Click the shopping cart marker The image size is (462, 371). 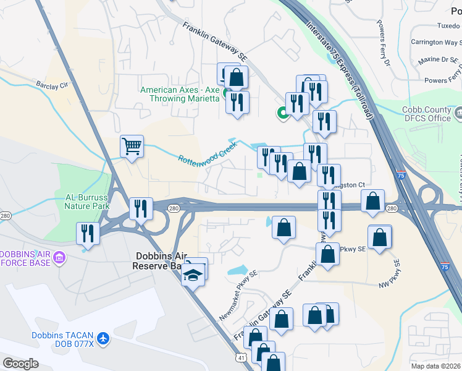pyautogui.click(x=132, y=147)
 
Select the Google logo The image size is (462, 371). pyautogui.click(x=20, y=364)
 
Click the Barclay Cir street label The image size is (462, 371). pyautogui.click(x=51, y=86)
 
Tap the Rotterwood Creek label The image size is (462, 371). pyautogui.click(x=208, y=151)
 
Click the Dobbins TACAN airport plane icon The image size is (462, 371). pyautogui.click(x=103, y=339)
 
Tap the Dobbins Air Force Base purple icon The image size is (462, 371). pyautogui.click(x=59, y=257)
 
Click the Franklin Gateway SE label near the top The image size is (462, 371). pyautogui.click(x=214, y=42)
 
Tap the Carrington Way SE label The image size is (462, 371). pyautogui.click(x=434, y=43)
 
